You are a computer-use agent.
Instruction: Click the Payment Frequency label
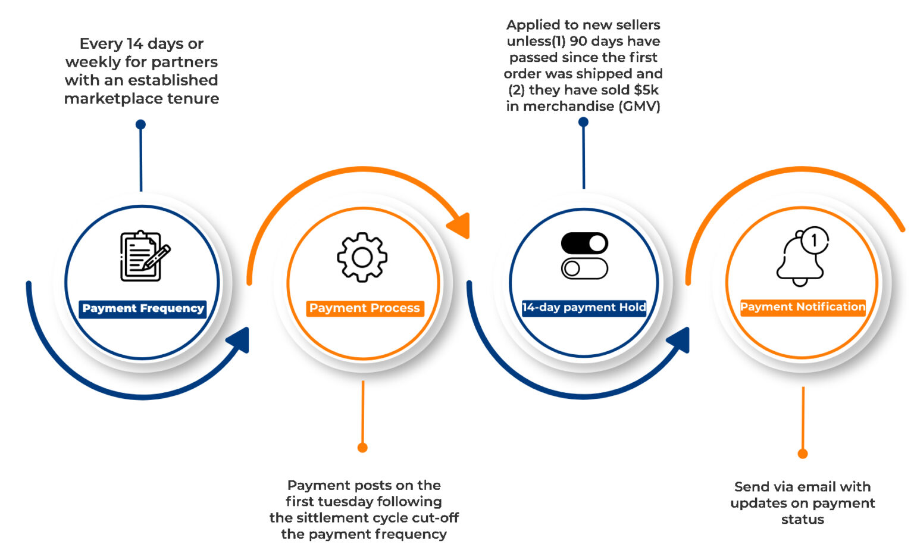click(143, 308)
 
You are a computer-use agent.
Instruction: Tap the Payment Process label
click(364, 308)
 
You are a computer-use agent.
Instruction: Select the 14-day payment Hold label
click(584, 307)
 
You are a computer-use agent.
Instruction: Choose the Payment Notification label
click(802, 307)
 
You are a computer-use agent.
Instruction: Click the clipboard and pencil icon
click(143, 256)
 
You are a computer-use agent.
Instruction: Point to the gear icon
click(362, 257)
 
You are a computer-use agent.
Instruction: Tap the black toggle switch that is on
click(584, 243)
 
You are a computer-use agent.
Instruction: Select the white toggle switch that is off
click(584, 268)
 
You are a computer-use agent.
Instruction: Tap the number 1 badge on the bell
click(814, 241)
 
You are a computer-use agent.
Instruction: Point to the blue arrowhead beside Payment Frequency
click(239, 341)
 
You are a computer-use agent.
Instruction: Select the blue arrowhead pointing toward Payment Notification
click(679, 341)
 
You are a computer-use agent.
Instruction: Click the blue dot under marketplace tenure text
click(140, 124)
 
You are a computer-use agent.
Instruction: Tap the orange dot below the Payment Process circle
click(362, 447)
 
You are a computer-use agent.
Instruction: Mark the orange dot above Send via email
click(803, 454)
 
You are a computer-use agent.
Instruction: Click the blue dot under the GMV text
click(583, 122)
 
